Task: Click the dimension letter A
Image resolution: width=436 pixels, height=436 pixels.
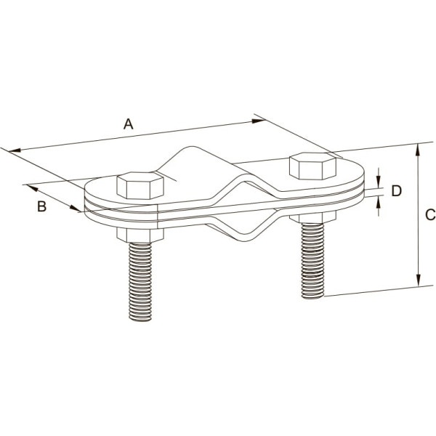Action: point(128,124)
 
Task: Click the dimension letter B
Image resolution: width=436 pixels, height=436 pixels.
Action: point(41,206)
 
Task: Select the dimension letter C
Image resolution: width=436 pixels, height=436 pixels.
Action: point(430,214)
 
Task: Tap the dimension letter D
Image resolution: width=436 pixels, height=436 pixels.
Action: point(397,191)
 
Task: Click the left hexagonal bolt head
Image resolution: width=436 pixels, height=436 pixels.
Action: point(140,185)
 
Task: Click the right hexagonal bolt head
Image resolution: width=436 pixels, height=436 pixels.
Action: point(312,166)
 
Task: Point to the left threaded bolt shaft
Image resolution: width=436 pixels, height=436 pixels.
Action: point(140,282)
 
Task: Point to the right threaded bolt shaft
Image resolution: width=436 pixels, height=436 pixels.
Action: point(312,261)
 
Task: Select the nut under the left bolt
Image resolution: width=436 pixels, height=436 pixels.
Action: point(140,235)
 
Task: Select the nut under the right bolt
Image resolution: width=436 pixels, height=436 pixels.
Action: point(312,217)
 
